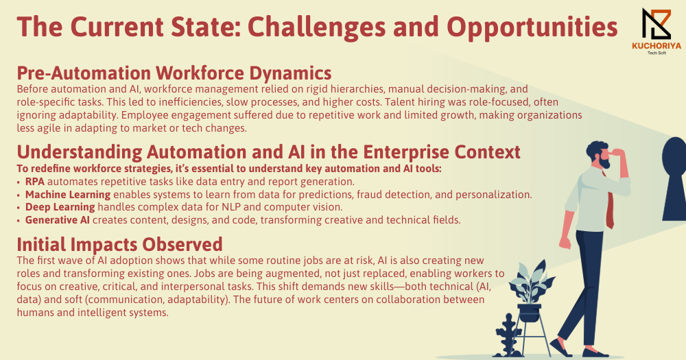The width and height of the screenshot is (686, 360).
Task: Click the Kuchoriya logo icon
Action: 657,24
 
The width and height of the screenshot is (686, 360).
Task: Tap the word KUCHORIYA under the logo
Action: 657,46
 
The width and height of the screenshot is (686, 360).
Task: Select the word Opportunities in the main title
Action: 532,27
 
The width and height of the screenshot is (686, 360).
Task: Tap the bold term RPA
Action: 35,182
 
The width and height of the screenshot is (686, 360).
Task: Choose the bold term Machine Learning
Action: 68,195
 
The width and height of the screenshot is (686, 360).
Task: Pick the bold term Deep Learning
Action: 60,207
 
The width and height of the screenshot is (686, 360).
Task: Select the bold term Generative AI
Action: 58,220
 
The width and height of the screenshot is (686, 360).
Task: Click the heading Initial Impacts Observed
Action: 119,245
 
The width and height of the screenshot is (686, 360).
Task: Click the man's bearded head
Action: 598,154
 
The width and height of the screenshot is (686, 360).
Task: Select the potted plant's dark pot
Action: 530,312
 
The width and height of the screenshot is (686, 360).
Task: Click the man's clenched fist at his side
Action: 565,241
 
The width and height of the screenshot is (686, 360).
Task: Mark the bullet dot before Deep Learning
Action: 19,208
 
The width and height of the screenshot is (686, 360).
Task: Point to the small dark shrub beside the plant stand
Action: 508,335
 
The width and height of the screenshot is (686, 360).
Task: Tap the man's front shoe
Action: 595,352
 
